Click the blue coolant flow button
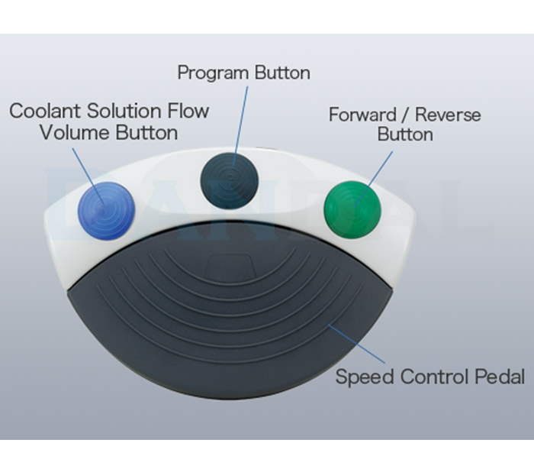click(x=107, y=211)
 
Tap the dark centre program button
click(x=229, y=181)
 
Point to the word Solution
click(x=124, y=111)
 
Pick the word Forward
click(x=362, y=115)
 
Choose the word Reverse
click(x=448, y=115)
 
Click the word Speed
click(x=365, y=377)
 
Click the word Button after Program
click(x=282, y=73)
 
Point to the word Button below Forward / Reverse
click(x=405, y=134)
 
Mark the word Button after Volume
click(x=146, y=133)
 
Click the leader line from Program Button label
click(x=240, y=126)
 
